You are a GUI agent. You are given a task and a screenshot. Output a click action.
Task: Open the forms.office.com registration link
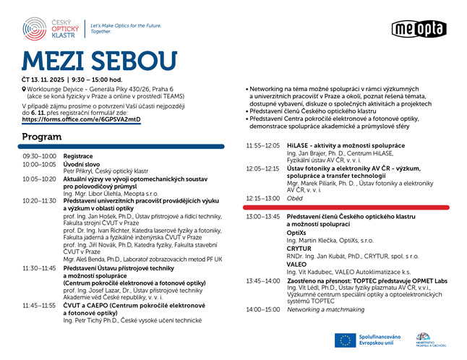(81, 119)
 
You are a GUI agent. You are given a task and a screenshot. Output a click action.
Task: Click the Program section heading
(41, 137)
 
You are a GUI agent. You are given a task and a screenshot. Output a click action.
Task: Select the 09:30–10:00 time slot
(39, 156)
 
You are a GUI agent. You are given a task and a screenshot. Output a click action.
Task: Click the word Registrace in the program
(78, 156)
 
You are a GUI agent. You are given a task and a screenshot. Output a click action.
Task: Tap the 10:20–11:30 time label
(39, 200)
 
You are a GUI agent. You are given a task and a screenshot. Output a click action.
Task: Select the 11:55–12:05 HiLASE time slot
(262, 145)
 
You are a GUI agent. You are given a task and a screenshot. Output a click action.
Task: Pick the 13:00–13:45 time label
(263, 216)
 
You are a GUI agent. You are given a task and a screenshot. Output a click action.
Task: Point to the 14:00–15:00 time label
(262, 309)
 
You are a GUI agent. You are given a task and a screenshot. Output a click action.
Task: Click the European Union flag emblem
(343, 340)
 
